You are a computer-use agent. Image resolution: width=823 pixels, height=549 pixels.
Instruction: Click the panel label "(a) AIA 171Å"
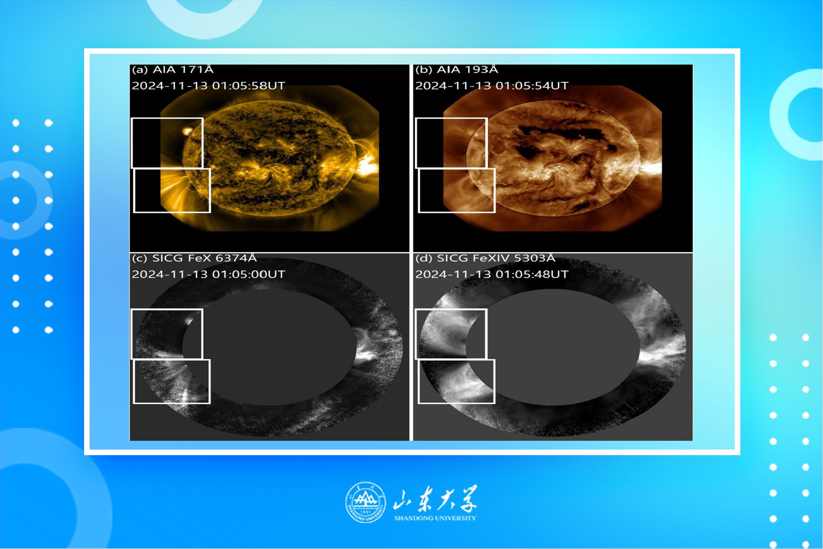click(172, 70)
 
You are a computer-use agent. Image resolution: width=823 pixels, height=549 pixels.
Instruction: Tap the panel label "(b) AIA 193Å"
click(457, 70)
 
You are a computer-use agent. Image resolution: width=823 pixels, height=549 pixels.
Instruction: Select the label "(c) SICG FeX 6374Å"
click(194, 258)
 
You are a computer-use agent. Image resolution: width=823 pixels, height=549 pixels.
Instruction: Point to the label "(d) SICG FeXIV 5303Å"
click(485, 258)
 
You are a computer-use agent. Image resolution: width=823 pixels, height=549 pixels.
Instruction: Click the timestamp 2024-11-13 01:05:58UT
click(209, 86)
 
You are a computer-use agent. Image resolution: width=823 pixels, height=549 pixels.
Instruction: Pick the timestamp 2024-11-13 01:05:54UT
click(492, 86)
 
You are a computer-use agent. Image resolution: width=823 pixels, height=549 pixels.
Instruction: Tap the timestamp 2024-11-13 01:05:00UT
click(209, 274)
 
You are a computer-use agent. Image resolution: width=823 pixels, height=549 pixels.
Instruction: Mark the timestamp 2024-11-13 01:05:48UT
click(492, 274)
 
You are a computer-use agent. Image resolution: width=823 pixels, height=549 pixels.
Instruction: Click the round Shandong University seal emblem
click(366, 502)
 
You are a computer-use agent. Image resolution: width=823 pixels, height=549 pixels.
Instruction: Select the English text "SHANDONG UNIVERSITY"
click(435, 518)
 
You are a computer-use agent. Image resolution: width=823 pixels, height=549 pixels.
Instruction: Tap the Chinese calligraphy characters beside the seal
click(435, 499)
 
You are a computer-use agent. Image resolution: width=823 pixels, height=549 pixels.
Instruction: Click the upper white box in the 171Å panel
click(167, 118)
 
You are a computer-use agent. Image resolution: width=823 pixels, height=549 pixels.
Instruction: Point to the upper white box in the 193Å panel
click(451, 118)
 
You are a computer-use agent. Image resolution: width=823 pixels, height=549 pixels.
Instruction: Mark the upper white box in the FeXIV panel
click(451, 309)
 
